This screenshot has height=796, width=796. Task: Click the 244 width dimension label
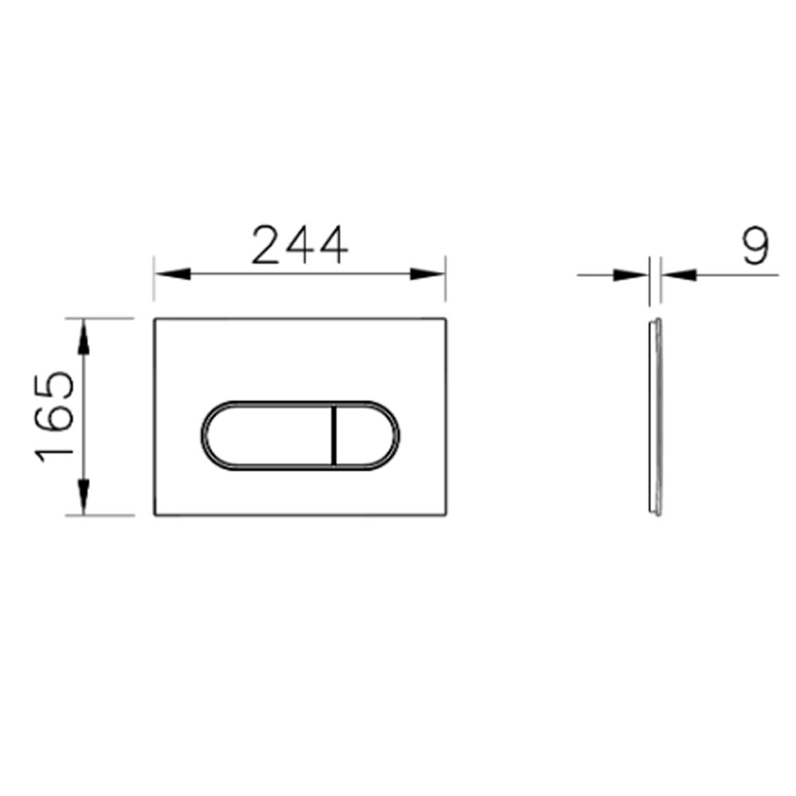pyautogui.click(x=300, y=246)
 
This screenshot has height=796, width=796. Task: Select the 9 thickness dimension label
pyautogui.click(x=756, y=246)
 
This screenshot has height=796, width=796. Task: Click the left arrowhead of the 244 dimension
pyautogui.click(x=173, y=274)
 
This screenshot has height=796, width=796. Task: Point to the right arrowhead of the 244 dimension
pyautogui.click(x=427, y=274)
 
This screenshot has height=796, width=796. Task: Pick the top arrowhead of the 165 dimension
pyautogui.click(x=84, y=337)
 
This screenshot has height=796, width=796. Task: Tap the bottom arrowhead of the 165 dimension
pyautogui.click(x=84, y=497)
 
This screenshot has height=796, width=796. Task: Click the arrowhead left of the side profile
pyautogui.click(x=631, y=275)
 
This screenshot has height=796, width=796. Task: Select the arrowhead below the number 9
pyautogui.click(x=679, y=275)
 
